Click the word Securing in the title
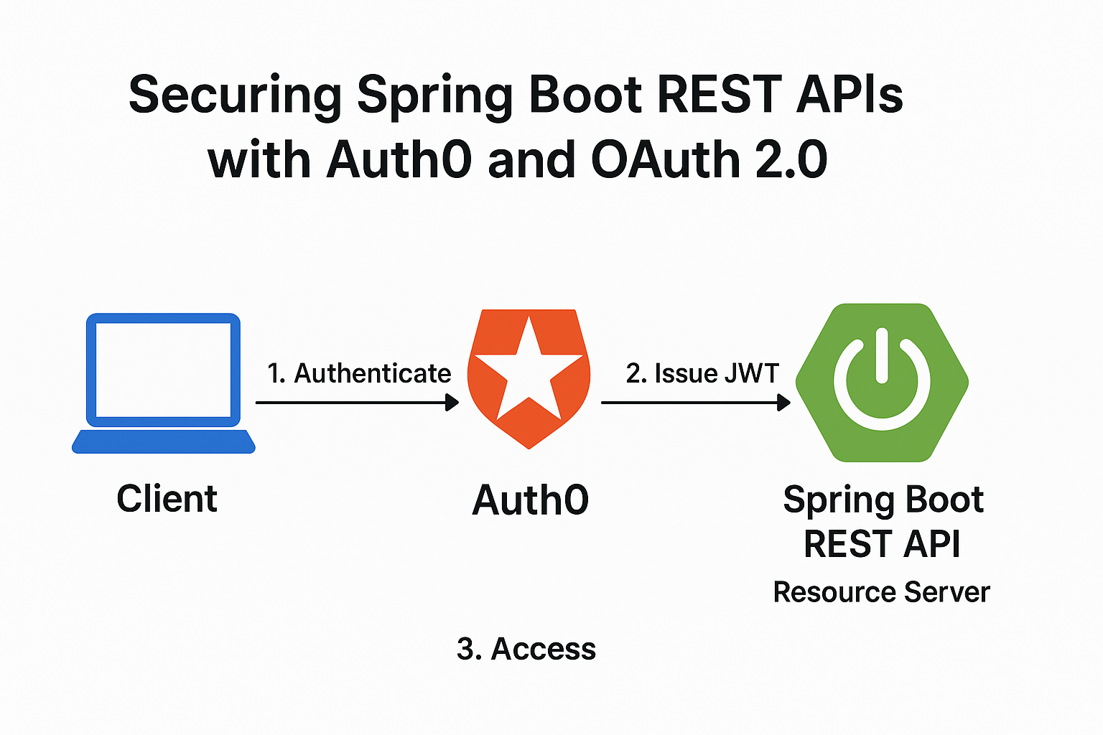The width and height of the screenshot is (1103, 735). coord(235,96)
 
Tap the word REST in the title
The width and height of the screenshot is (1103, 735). coord(720,93)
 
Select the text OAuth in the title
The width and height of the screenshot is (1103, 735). coord(665,159)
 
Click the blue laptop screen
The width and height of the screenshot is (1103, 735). coord(163,370)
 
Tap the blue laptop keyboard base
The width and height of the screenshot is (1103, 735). coord(164,441)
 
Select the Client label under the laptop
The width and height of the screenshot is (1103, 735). coord(167,499)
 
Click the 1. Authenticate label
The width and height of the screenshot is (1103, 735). coord(359,373)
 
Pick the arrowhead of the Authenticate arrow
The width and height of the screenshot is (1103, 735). coord(452,402)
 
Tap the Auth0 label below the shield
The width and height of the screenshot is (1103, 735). coord(531,500)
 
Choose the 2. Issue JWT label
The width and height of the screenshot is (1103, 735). coord(702,373)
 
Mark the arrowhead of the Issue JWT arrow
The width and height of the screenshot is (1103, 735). coord(784,402)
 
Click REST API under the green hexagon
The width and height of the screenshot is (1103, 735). coord(882,543)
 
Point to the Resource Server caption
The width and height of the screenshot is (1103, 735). coord(881,591)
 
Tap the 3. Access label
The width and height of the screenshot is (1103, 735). coord(526,648)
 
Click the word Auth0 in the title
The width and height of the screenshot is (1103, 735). coord(399,159)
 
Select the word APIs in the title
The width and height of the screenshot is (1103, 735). coord(850,93)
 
